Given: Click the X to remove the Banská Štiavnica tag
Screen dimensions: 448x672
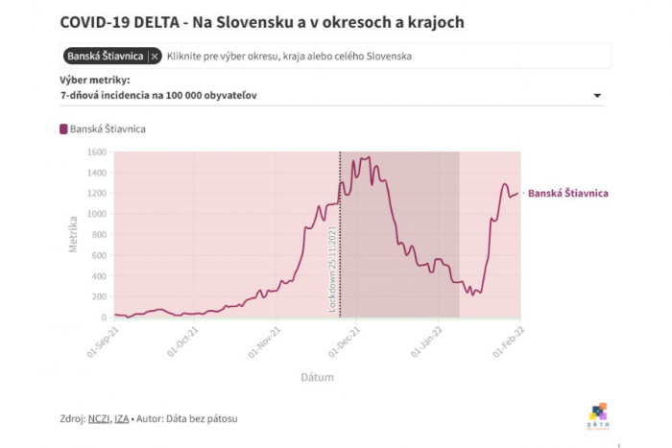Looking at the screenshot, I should coord(156,57).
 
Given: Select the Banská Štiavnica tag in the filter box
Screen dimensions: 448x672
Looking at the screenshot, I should coord(105,57).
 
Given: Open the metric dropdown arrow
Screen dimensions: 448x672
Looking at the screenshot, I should coord(597,96).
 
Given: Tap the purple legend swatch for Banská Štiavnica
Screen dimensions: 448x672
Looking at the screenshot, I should coord(64,130).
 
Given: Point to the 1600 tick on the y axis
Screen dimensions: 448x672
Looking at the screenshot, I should coord(96,152).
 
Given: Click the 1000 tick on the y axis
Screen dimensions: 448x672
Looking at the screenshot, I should coord(96,214).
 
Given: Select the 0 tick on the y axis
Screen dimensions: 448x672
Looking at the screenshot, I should coord(104,318).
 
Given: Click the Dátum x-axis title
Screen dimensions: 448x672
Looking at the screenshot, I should coord(317,377).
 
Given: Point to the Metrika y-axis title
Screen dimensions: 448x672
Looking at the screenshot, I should coord(73,235).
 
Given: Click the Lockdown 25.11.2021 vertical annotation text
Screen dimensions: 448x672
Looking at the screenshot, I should coord(333,268).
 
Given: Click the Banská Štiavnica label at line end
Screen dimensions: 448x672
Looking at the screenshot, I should coord(567,194).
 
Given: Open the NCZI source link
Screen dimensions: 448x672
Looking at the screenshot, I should coord(99,418).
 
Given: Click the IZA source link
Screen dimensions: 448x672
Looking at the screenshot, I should coord(122,418).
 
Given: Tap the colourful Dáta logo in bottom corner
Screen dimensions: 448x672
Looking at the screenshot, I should coord(597,414).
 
